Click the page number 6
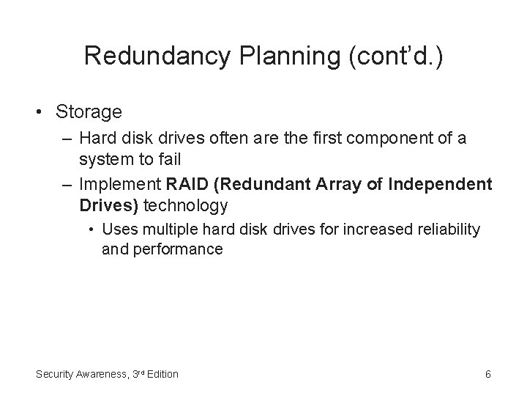pyautogui.click(x=487, y=374)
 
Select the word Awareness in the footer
pyautogui.click(x=99, y=374)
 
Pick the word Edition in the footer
pyautogui.click(x=161, y=374)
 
